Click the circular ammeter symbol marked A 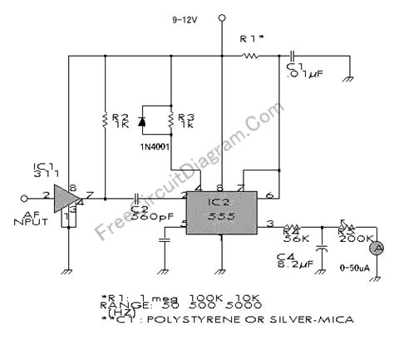(x=374, y=248)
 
